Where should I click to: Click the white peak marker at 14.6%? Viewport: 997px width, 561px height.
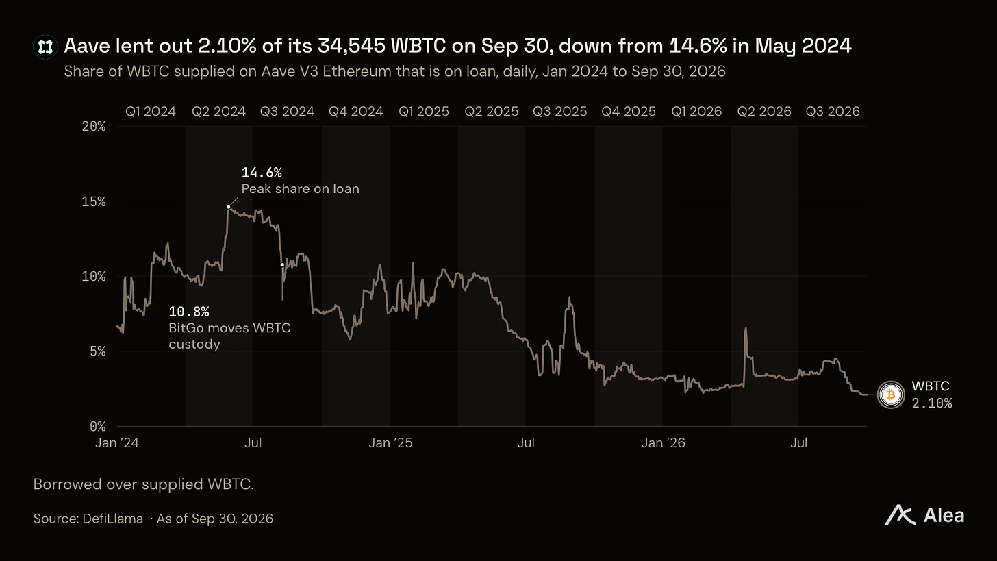pos(228,207)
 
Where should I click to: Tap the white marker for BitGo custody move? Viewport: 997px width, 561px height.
pos(282,265)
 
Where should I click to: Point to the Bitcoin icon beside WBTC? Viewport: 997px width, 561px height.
pos(891,395)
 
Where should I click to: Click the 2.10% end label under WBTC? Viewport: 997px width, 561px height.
pos(931,403)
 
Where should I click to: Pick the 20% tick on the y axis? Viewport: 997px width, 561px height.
pos(94,127)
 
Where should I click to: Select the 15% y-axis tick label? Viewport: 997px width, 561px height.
pos(94,201)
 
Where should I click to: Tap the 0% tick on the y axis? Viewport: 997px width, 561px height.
pos(97,427)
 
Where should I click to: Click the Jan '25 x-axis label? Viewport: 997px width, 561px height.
pos(390,443)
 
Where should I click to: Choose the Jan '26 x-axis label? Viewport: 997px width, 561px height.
pos(663,443)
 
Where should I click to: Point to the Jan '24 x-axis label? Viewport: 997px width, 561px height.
pos(117,443)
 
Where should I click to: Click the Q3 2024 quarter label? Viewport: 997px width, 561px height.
pos(287,111)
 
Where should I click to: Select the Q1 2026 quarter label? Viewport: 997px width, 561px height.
pos(696,111)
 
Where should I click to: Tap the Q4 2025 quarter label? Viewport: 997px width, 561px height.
pos(629,111)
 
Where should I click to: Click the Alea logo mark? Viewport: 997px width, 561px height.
pos(900,516)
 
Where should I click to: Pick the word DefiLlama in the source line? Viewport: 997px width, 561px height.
pos(112,519)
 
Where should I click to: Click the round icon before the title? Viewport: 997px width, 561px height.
pos(45,47)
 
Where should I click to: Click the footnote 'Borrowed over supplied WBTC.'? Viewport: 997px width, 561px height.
pos(144,484)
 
